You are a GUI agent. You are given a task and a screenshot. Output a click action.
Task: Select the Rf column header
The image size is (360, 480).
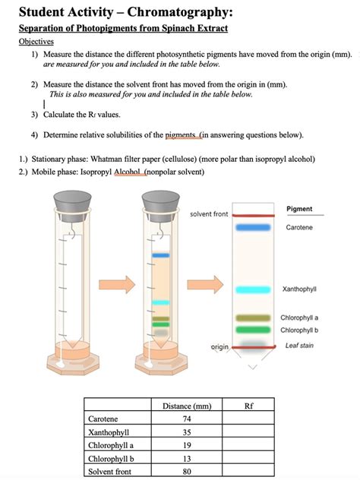(248, 406)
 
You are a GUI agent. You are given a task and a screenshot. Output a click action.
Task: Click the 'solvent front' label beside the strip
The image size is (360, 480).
(209, 214)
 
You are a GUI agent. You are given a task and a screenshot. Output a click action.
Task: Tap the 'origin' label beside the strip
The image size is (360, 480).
(219, 346)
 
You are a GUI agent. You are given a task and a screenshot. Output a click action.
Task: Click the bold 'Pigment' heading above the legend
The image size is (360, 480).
(299, 208)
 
